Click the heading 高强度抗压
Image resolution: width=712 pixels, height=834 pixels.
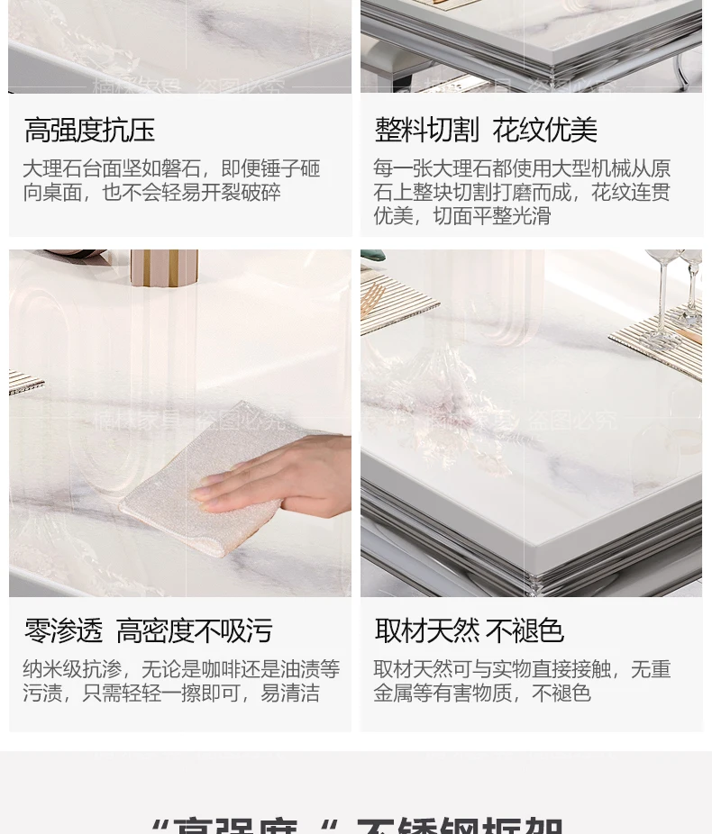(89, 131)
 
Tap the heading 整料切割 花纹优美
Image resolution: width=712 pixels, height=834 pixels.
(486, 131)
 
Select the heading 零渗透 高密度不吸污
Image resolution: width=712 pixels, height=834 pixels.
(148, 631)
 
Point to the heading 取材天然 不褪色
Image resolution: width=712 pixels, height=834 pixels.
(469, 631)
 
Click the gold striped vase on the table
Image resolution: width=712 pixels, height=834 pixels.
(163, 268)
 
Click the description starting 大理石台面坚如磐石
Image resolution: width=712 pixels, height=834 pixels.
(171, 180)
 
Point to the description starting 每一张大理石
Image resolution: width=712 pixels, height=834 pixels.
(522, 192)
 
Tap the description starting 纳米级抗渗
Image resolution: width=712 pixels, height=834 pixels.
(180, 681)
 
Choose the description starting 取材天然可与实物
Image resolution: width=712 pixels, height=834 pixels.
(522, 681)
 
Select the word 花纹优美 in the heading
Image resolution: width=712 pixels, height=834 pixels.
(544, 131)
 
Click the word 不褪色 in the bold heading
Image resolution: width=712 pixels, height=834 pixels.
(525, 631)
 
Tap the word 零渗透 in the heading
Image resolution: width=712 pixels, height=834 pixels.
(63, 631)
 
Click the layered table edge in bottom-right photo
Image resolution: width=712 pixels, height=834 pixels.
(532, 531)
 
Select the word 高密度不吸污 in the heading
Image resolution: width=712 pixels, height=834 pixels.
(194, 631)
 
